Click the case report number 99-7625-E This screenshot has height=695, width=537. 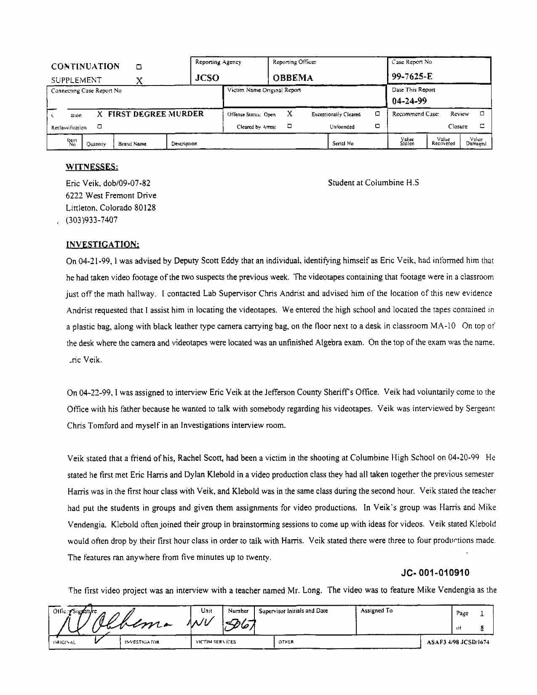412,76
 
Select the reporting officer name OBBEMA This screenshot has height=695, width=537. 293,78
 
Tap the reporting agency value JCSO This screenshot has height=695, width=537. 207,78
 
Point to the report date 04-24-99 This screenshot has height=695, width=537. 409,101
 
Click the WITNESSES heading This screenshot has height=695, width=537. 92,167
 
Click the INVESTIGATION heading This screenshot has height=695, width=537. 102,245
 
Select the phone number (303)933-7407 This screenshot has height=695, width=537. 92,220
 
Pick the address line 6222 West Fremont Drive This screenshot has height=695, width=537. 111,195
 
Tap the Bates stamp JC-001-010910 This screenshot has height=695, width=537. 435,573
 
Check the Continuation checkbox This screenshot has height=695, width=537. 139,67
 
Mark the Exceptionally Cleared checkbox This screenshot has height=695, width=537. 377,114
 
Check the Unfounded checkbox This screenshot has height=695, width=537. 377,126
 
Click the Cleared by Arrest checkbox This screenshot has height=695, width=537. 289,126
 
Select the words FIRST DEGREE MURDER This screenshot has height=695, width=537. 155,114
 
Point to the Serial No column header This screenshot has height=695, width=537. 342,143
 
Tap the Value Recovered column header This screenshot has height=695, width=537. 443,142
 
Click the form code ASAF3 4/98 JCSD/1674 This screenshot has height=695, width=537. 458,642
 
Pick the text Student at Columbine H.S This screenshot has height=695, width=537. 373,183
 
